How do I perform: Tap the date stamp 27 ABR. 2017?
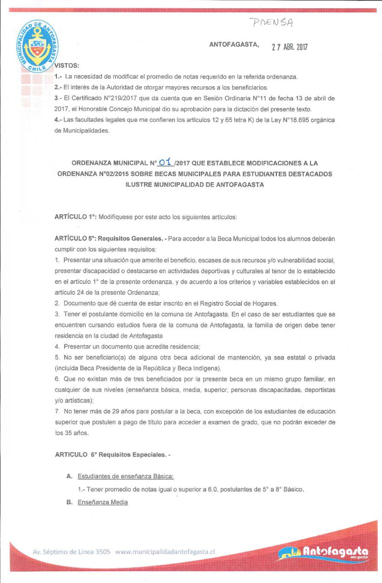290,47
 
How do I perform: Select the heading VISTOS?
67,65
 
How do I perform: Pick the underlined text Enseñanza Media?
103,502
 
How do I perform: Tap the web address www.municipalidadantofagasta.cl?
165,552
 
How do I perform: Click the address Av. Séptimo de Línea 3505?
71,552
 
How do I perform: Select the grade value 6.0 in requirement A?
209,489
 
